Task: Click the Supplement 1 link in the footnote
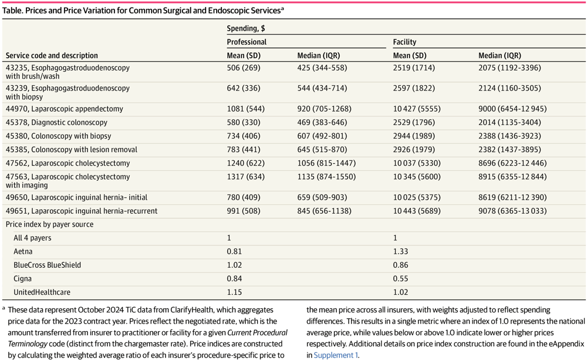click(335, 355)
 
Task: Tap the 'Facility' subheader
click(404, 42)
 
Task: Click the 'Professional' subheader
click(247, 42)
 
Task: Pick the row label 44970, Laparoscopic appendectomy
click(65, 109)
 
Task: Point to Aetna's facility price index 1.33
click(400, 251)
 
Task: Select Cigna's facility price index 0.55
click(400, 278)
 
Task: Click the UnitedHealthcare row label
click(42, 292)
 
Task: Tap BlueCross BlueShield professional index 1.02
click(234, 265)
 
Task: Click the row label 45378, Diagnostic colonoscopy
click(57, 122)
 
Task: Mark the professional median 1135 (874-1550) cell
click(326, 177)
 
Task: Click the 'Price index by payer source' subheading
click(49, 224)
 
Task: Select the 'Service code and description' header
click(52, 56)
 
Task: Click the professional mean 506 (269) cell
click(243, 68)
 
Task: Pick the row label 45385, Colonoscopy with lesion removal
click(72, 149)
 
